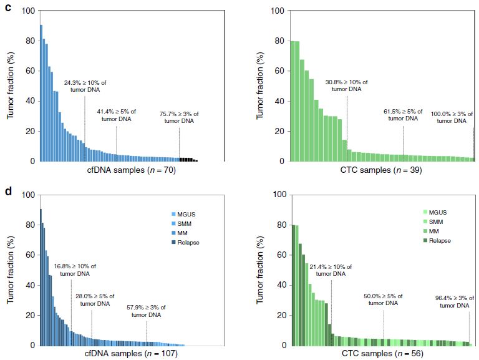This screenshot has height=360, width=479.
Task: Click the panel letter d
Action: (8, 190)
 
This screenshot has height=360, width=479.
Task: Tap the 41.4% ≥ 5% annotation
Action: (117, 115)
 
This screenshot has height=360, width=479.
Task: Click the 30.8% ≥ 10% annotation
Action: (347, 85)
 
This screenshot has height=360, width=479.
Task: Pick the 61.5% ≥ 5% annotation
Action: (404, 115)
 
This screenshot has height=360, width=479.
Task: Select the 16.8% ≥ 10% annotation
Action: (75, 270)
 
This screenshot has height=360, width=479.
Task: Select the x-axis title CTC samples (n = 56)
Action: (380, 354)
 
